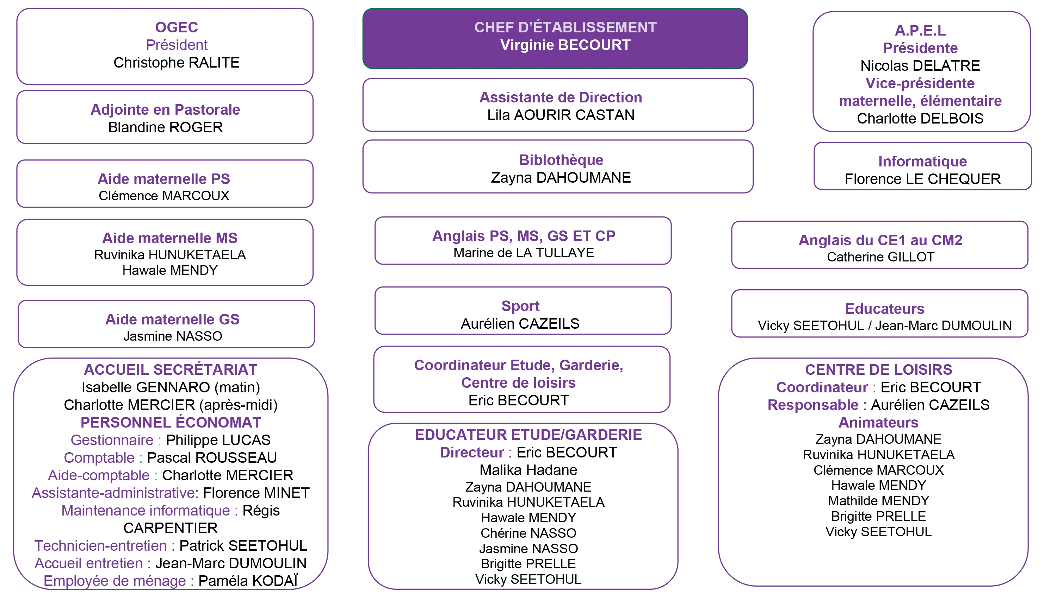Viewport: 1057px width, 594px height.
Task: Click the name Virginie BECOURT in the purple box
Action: coord(565,45)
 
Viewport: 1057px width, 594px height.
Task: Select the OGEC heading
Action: coord(177,27)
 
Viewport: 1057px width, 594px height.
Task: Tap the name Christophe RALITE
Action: coord(177,62)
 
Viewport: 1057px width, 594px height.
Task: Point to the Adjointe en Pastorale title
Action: coord(165,109)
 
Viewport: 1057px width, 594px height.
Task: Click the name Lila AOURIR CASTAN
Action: coord(561,115)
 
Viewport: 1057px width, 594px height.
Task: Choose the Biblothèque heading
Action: coord(561,160)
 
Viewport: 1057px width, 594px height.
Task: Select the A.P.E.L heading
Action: coord(920,30)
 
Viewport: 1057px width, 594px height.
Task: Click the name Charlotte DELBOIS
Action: coord(920,119)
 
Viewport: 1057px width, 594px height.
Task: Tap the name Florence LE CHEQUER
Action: coord(923,179)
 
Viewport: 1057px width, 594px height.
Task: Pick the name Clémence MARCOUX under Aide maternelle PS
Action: coord(164,196)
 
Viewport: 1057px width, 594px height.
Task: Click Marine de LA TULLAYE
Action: coord(524,253)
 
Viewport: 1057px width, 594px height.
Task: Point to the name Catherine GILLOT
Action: coord(880,257)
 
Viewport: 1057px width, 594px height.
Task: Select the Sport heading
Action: coord(520,306)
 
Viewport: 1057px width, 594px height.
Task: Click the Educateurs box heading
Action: coord(885,309)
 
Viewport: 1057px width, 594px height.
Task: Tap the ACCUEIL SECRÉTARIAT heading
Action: coord(171,370)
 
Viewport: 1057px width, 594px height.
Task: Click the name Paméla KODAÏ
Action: coord(248,581)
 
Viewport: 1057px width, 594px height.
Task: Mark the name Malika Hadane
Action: coord(528,470)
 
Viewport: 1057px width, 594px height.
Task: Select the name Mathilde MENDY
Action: coord(878,500)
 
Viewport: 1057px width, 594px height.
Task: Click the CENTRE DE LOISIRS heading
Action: coord(878,370)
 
